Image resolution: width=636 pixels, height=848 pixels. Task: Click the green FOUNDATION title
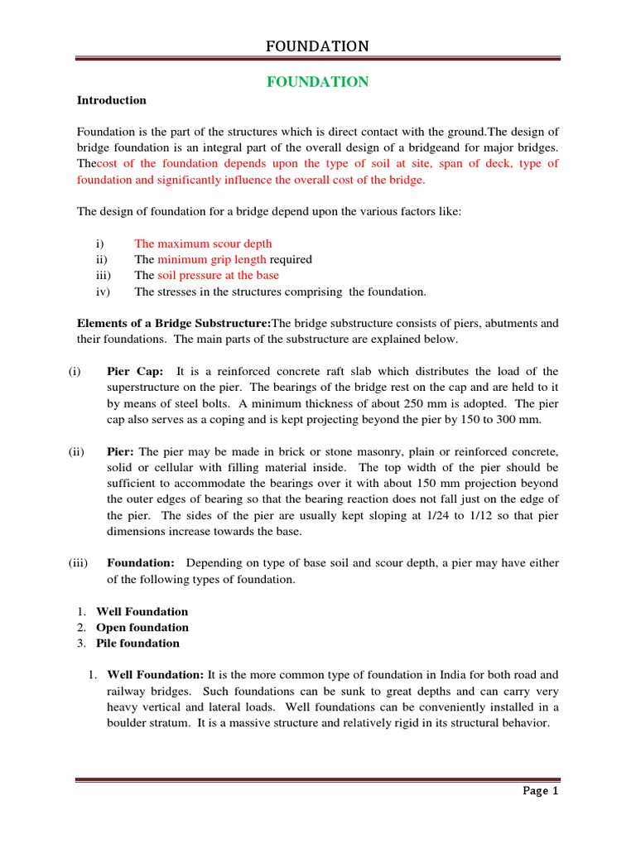(x=317, y=81)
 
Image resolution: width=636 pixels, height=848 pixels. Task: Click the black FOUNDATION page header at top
(x=317, y=46)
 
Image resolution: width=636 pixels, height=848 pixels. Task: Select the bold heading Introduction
(x=112, y=100)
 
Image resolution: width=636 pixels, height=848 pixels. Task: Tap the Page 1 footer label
(x=542, y=791)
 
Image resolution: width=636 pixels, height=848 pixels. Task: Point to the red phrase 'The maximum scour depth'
(x=203, y=243)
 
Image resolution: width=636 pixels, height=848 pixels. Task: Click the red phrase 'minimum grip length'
(x=205, y=259)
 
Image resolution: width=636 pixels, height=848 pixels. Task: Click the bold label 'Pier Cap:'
(x=135, y=371)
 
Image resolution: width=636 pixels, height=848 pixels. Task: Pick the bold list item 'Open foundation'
(x=142, y=627)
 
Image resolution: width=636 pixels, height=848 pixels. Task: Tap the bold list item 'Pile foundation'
(x=137, y=643)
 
